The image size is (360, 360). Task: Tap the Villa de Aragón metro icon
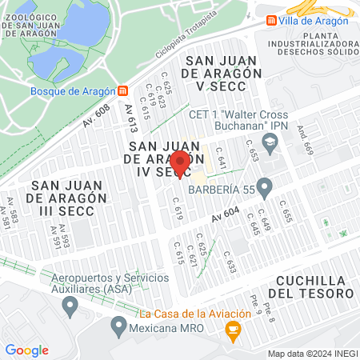coord(272,21)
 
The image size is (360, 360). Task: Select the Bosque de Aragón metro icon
coord(121,90)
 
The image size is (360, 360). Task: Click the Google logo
coord(26,350)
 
